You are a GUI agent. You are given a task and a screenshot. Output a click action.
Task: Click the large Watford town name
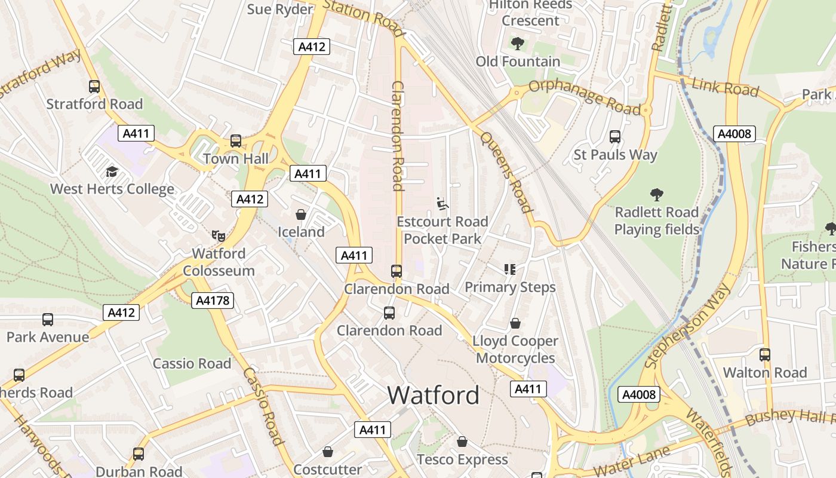[434, 395]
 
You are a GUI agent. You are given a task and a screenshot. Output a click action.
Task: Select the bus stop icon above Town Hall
[236, 141]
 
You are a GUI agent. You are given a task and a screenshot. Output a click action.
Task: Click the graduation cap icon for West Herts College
[112, 172]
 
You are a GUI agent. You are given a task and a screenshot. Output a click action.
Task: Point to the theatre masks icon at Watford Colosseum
[218, 236]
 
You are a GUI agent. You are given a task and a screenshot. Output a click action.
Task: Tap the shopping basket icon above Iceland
[301, 214]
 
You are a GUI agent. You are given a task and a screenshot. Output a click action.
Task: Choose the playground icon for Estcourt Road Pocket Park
[442, 204]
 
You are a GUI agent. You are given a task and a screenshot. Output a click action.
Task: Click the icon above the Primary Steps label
[509, 269]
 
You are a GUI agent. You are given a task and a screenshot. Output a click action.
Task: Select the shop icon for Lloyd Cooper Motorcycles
[515, 323]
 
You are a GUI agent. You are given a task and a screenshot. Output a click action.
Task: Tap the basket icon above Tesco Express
[462, 442]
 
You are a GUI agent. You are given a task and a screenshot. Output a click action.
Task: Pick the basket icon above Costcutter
[327, 452]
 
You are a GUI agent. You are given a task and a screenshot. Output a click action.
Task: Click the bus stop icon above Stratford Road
[94, 86]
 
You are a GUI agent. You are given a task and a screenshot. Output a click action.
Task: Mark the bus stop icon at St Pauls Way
[615, 137]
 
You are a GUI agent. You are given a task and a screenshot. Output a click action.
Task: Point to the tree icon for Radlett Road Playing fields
[657, 194]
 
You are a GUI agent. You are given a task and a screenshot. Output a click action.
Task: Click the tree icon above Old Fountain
[518, 43]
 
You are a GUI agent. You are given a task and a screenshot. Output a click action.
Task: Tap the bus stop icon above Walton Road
[765, 354]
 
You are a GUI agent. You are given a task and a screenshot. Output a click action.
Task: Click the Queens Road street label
[506, 172]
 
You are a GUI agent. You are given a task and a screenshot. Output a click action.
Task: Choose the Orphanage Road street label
[585, 96]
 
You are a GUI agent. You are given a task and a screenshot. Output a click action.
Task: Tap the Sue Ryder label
[280, 10]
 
